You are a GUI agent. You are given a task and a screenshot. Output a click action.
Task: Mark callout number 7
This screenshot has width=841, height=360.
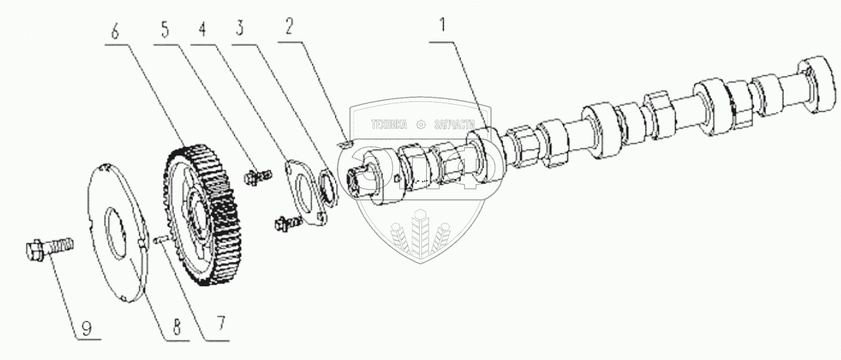pos(222,325)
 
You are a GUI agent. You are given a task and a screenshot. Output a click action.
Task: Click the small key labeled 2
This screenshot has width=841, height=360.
pos(343,143)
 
